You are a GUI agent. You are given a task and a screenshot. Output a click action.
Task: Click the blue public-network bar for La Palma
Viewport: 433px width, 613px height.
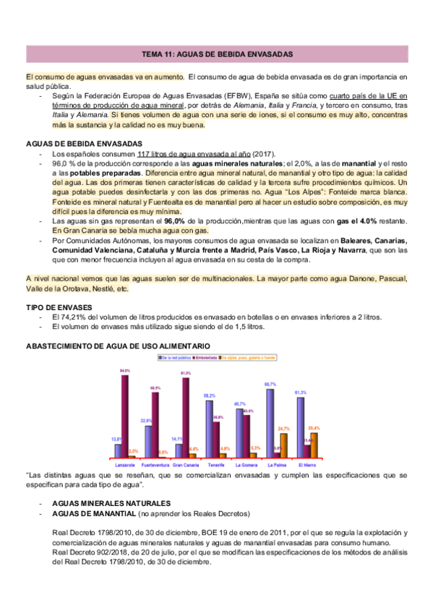point(270,422)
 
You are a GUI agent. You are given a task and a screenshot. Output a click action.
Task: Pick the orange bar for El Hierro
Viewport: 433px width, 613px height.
point(314,445)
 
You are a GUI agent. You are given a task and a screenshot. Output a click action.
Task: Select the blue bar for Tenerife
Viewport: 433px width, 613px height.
point(209,430)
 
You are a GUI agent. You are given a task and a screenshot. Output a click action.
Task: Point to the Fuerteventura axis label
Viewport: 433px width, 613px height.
point(155,464)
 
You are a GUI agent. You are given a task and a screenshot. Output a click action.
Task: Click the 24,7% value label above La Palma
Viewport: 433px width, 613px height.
point(283,429)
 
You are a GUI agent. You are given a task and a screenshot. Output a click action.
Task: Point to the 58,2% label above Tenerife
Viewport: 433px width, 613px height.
point(209,396)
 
